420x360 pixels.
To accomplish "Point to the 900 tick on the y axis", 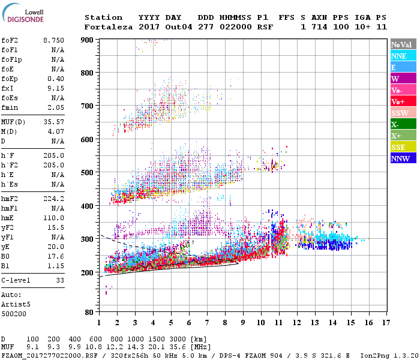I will pos(88,40).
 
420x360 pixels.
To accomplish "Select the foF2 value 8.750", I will pos(53,40).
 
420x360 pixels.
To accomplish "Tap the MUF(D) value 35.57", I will pos(53,121).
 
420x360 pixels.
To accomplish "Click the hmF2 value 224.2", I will pos(53,199).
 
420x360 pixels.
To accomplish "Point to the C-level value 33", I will pos(59,280).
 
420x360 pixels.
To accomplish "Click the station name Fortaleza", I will pos(108,27).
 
